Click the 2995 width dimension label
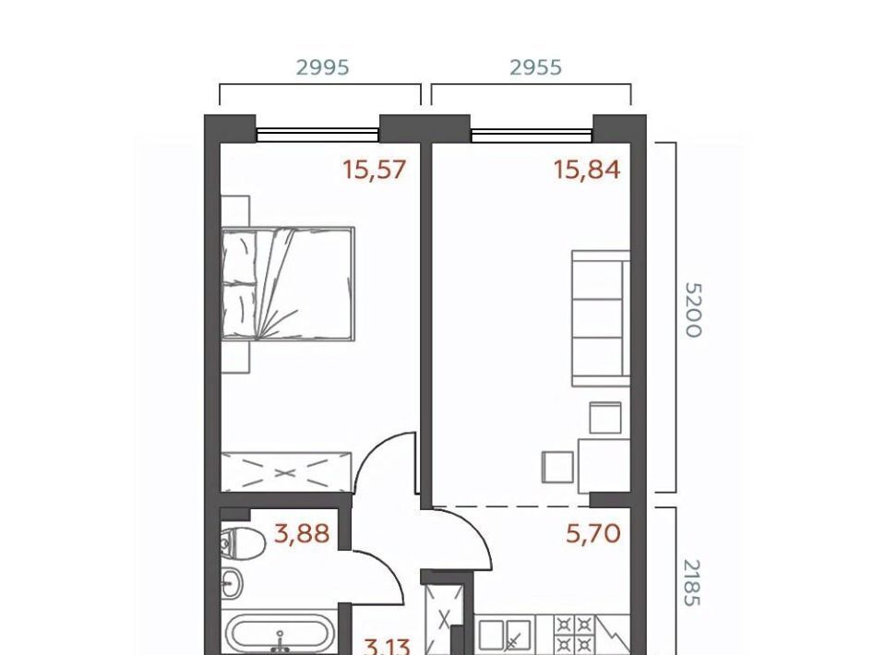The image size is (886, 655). [x=323, y=67]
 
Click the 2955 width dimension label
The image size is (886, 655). [x=535, y=67]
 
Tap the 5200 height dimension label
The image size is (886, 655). [x=693, y=310]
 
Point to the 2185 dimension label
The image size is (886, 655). [x=691, y=583]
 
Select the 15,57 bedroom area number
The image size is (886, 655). [x=375, y=170]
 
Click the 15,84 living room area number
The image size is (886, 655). [x=587, y=170]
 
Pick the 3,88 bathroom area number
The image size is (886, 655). [x=302, y=532]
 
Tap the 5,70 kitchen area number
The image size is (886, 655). [x=593, y=532]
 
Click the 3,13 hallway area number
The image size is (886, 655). [x=388, y=646]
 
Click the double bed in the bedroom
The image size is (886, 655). [x=288, y=284]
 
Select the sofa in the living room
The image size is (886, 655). [x=601, y=318]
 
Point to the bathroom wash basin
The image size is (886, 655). [x=232, y=581]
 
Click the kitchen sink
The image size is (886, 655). [x=505, y=635]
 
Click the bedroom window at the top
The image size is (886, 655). [x=317, y=134]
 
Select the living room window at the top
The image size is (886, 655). [x=532, y=134]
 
